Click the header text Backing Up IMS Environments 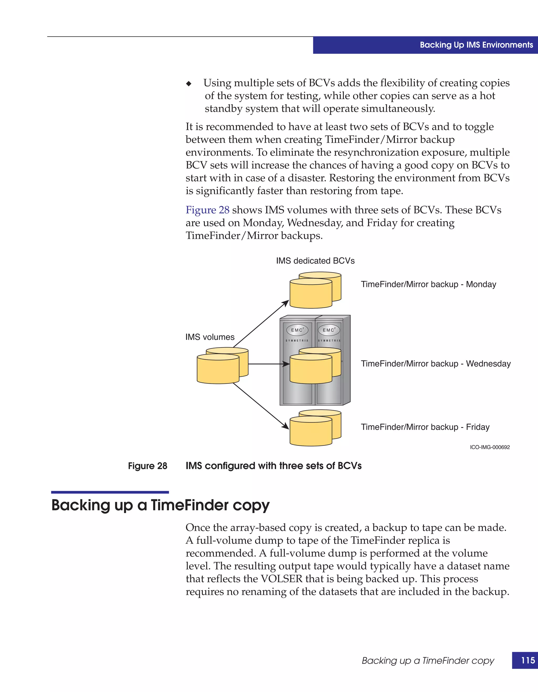coord(476,45)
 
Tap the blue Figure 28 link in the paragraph coord(208,210)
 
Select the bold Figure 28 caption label coord(148,466)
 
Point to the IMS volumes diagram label coord(210,337)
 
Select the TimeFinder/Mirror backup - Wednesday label coord(436,363)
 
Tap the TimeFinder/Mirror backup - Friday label coord(425,427)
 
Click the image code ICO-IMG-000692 coord(490,447)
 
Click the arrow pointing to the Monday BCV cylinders coord(261,324)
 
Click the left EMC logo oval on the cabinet coord(297,330)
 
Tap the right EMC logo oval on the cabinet coord(329,330)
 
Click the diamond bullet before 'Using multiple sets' coord(189,84)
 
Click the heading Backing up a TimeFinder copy coord(160,505)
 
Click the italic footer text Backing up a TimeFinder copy coord(428,661)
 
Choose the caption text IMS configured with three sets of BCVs coord(273,466)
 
